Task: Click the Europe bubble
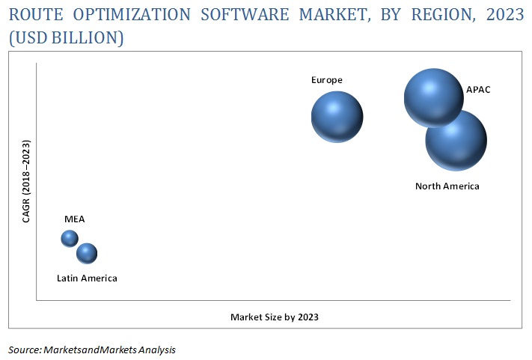337,116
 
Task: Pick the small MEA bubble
70,238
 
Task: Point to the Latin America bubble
87,254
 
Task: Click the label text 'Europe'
327,79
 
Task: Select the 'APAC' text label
478,90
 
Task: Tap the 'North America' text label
447,186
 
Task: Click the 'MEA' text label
74,219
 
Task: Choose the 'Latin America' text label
87,278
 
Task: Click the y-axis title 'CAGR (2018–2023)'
27,181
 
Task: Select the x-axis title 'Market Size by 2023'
275,317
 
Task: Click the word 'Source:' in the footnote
25,350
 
